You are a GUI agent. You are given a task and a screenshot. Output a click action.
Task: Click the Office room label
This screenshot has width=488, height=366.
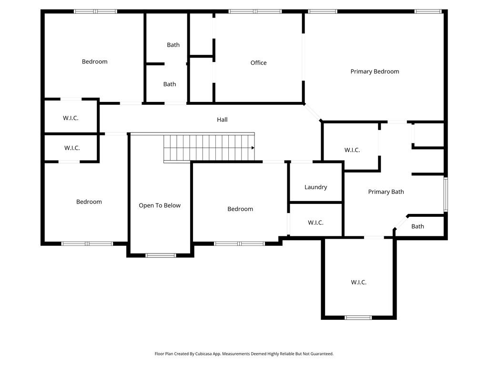point(258,63)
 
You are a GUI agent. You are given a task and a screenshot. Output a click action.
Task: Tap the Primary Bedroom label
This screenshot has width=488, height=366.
point(375,71)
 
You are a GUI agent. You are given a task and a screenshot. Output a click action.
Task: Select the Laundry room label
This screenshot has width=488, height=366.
point(315,187)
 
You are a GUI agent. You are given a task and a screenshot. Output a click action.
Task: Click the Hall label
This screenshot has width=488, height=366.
point(222,120)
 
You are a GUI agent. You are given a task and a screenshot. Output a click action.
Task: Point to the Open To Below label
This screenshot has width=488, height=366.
point(160,205)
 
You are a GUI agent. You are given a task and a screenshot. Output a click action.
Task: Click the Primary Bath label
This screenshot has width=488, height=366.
point(386,192)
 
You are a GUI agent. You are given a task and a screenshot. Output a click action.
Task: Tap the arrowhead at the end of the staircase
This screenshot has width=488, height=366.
point(253,148)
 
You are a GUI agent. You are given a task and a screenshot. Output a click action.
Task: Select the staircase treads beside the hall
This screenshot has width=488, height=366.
point(208,148)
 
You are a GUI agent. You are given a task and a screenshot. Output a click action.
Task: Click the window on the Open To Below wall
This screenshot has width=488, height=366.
point(161,255)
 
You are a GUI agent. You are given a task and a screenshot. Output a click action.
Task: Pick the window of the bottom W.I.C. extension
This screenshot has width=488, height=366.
point(358,317)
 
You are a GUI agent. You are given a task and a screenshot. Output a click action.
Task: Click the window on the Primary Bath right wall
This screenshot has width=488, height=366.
point(446,194)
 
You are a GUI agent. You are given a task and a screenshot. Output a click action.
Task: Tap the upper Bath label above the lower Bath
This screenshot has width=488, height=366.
point(173,45)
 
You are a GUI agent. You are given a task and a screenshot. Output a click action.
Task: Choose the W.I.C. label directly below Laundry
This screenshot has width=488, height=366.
point(315,223)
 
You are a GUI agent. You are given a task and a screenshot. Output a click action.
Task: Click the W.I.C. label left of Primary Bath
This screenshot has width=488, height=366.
point(352,150)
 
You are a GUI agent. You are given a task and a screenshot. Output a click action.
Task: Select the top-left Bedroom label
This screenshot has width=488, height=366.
point(94,61)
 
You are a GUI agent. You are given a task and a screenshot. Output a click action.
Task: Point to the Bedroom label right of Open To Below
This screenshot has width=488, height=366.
point(240,209)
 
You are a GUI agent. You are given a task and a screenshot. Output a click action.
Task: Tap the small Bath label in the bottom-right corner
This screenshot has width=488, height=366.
point(417,226)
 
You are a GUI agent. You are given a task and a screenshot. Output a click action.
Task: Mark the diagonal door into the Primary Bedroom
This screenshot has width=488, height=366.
point(313,112)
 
